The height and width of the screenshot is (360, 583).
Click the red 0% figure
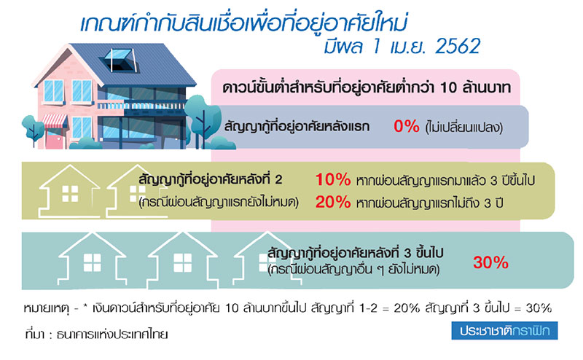tap(407, 127)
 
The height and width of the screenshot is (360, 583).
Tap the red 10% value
tap(333, 179)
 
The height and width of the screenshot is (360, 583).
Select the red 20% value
tap(333, 202)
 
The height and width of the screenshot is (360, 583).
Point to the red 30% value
tap(490, 262)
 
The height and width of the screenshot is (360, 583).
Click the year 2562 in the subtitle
tap(458, 46)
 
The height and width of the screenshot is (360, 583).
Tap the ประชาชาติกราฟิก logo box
tap(504, 331)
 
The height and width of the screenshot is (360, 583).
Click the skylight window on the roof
tap(117, 60)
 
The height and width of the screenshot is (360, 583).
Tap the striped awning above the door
tap(54, 121)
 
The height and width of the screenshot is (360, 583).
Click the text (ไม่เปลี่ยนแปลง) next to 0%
tap(463, 128)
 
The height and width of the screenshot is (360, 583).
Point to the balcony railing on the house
tap(141, 106)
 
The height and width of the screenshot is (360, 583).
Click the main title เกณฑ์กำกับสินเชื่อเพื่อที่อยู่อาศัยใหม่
tap(243, 23)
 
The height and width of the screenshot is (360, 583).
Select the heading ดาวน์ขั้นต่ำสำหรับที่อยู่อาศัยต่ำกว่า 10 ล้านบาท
tap(367, 87)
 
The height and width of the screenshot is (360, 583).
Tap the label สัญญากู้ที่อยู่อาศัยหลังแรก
tap(297, 127)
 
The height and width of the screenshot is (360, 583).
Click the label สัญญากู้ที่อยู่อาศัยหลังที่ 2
tap(211, 179)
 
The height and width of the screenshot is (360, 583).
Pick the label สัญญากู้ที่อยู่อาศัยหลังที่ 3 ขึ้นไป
tap(356, 253)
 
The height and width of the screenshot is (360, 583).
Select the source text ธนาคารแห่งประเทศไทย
tap(112, 334)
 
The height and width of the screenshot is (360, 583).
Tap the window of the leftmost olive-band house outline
tap(70, 194)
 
